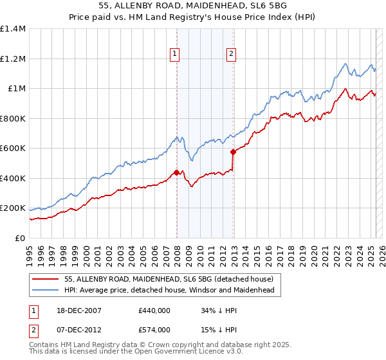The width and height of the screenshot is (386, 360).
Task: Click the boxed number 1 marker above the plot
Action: click(174, 55)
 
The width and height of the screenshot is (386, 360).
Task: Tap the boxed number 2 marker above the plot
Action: click(230, 55)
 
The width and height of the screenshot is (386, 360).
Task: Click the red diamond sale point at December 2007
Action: click(176, 172)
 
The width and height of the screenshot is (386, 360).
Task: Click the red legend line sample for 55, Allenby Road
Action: click(46, 279)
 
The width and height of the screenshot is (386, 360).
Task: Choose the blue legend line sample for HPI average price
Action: click(46, 291)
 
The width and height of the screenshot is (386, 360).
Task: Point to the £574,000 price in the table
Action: click(154, 330)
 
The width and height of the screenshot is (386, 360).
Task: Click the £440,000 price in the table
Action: click(154, 311)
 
